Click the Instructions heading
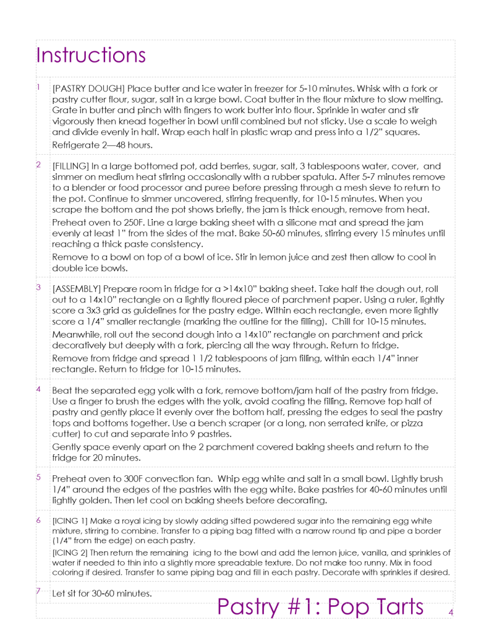91,55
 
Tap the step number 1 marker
38,87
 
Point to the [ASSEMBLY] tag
77,289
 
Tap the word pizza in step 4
427,423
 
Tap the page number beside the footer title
451,612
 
